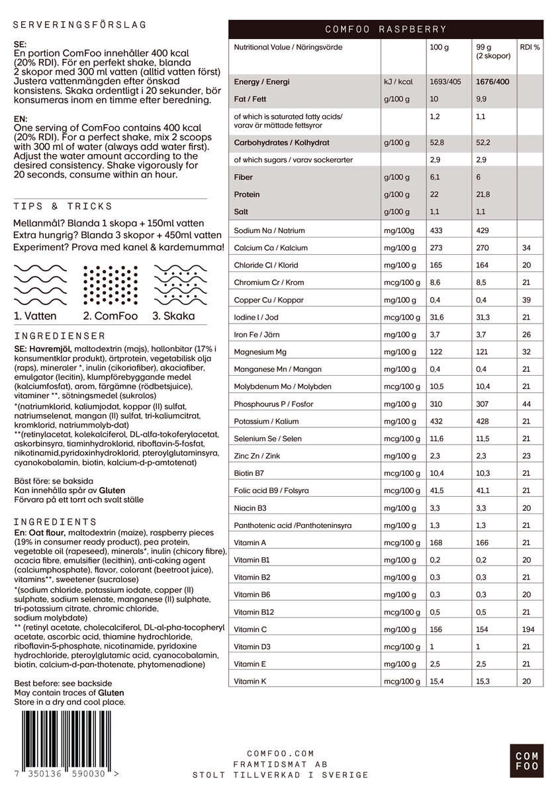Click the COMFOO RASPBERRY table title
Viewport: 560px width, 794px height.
tap(386, 29)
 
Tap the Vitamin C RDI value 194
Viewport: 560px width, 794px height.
tap(528, 629)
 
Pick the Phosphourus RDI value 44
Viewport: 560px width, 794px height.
tap(526, 404)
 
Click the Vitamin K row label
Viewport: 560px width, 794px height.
tap(250, 681)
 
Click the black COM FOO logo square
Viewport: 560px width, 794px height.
tap(527, 761)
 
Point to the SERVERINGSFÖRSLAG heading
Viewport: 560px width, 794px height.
tap(79, 25)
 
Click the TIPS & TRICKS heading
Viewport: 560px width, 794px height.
tap(63, 206)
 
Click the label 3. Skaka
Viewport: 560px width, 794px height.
tap(173, 316)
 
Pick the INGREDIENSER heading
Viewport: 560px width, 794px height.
tap(59, 336)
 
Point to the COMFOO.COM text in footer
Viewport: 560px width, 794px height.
tap(280, 754)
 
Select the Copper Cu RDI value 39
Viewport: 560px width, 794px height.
tap(526, 300)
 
